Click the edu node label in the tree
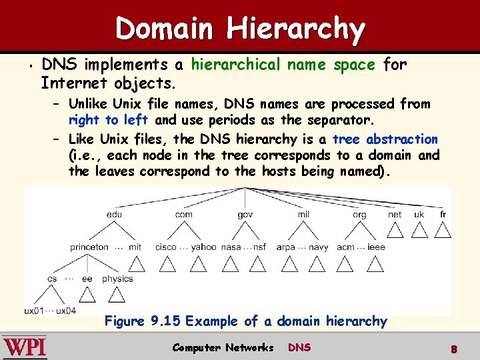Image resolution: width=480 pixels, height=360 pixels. [114, 214]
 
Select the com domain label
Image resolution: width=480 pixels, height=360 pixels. [183, 214]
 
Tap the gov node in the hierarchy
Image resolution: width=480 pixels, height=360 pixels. [245, 214]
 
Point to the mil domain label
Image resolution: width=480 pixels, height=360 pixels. [303, 214]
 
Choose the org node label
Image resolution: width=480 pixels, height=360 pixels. [359, 214]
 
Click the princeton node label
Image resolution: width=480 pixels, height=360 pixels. [89, 247]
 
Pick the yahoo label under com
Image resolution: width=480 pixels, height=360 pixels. [204, 247]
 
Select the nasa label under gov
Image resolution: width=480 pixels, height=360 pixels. [231, 247]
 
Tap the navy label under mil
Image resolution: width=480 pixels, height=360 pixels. [318, 247]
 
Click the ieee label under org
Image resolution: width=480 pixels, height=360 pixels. [376, 247]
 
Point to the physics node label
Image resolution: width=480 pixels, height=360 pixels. [117, 279]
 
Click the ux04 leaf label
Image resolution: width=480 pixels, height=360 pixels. [66, 311]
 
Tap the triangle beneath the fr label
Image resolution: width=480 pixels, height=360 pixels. [443, 230]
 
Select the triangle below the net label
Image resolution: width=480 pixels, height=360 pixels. [395, 230]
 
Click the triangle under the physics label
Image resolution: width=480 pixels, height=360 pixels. [117, 294]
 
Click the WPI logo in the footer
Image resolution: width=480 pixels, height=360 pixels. [25, 347]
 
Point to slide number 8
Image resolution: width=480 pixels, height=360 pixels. [453, 349]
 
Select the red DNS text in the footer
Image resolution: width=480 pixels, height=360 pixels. [299, 347]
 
